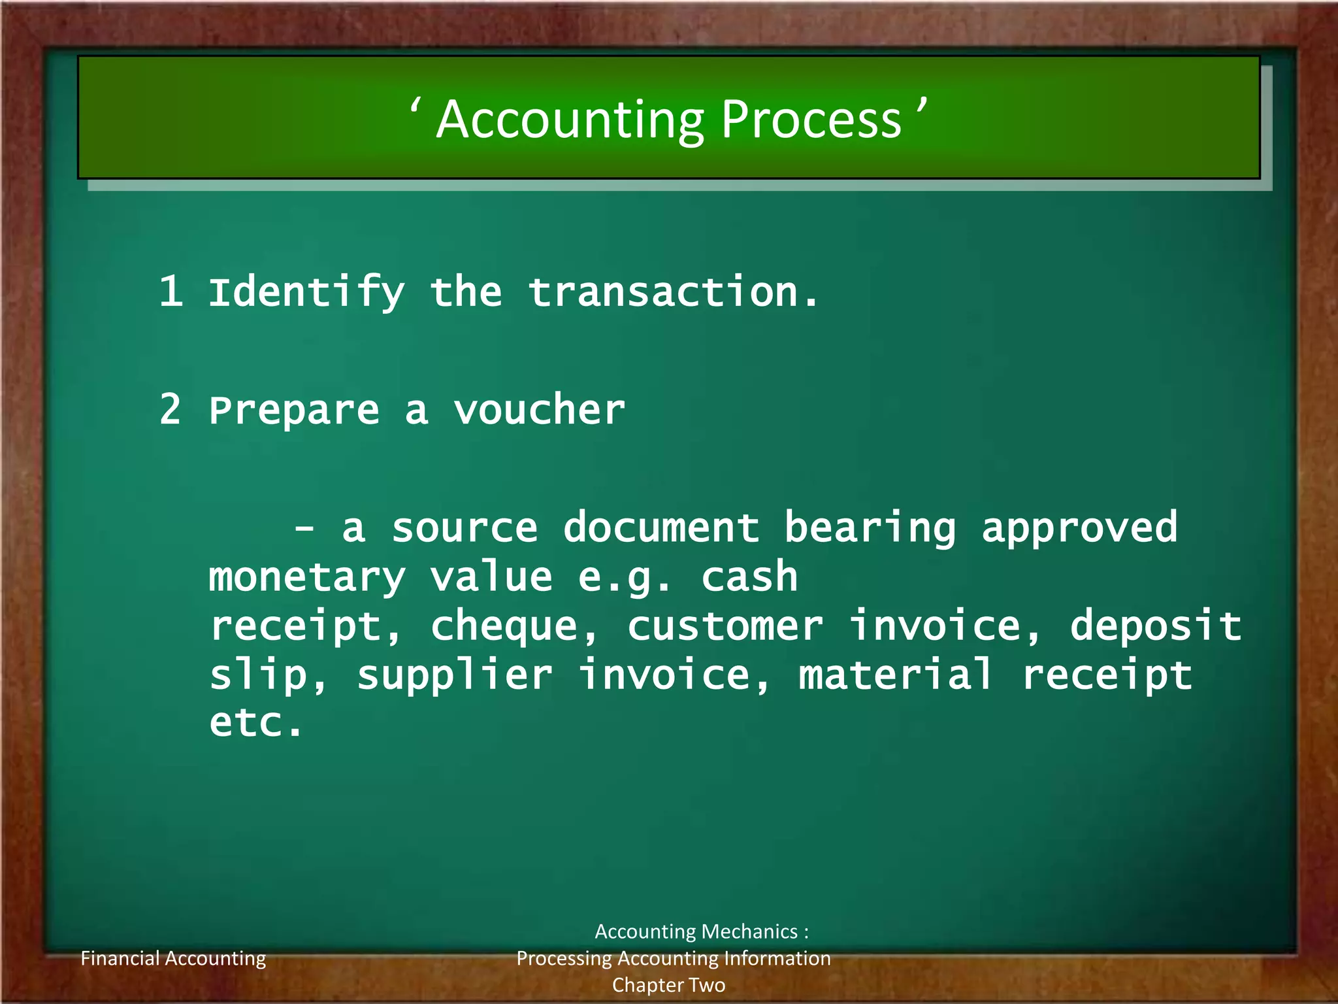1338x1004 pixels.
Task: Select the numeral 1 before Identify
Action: pyautogui.click(x=171, y=291)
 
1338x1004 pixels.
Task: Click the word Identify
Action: pyautogui.click(x=306, y=292)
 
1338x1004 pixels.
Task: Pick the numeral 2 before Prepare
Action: pyautogui.click(x=171, y=410)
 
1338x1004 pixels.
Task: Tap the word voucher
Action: pyautogui.click(x=540, y=410)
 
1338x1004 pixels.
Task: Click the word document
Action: pyautogui.click(x=661, y=527)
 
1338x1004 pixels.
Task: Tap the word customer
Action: pyautogui.click(x=725, y=626)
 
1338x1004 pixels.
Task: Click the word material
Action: pyautogui.click(x=895, y=675)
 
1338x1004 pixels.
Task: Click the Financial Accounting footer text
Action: pyautogui.click(x=173, y=958)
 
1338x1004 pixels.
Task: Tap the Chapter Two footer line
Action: pyautogui.click(x=668, y=985)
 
